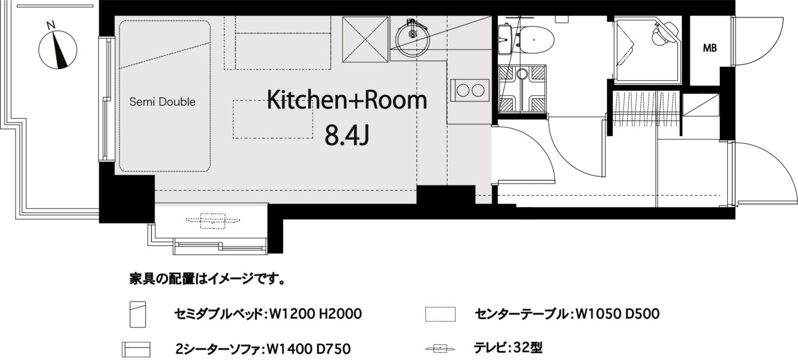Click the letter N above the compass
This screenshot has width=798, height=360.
[x=52, y=25]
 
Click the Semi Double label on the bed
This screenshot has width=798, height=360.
[x=163, y=102]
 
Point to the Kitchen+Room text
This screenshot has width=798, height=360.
[x=347, y=100]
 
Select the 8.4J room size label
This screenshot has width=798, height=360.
[x=346, y=136]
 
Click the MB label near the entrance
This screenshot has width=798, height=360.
[x=710, y=48]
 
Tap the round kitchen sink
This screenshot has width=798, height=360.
[x=413, y=35]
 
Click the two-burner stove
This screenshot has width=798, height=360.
[x=470, y=91]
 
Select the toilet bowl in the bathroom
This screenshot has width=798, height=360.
[x=533, y=39]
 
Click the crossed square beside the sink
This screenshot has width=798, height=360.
[x=365, y=39]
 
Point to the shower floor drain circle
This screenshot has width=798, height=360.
[x=522, y=74]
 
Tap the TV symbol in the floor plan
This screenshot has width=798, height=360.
[x=212, y=220]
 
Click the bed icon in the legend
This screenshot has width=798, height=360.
[x=137, y=314]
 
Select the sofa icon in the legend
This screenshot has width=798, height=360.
[x=136, y=349]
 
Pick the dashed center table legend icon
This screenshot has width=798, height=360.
[x=440, y=314]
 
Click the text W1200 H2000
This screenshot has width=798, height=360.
[x=315, y=314]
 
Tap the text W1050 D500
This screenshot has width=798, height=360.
[x=617, y=314]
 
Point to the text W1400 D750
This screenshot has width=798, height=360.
[x=308, y=349]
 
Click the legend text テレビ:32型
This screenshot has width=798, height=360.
[x=508, y=348]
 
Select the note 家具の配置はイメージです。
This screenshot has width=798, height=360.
[x=207, y=279]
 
